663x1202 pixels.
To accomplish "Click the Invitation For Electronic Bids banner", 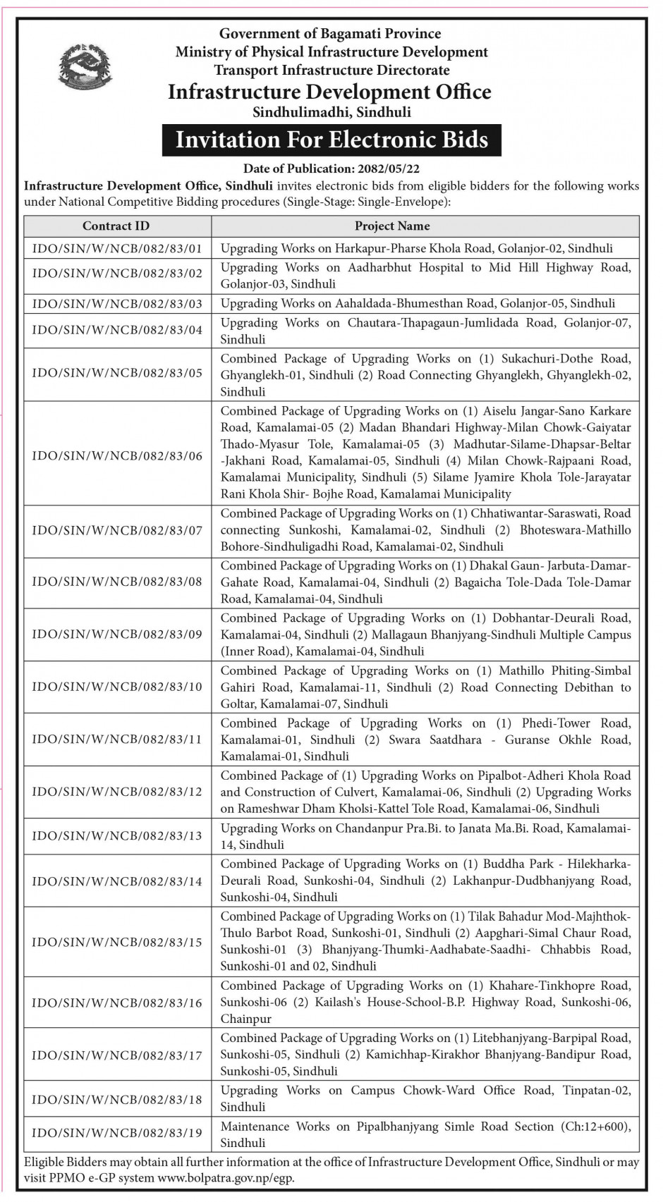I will point(331,140).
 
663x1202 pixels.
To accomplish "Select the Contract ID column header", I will point(116,226).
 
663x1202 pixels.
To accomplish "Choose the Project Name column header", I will point(392,226).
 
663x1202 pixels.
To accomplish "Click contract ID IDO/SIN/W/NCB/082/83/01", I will point(117,248).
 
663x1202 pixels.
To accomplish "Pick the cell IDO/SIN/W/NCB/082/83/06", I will point(117,455).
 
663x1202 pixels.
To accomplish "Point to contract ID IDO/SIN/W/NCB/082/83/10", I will point(117,687).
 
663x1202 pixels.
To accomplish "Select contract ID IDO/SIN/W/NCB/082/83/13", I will point(117,836).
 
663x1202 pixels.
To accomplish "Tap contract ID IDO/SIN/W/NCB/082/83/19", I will point(117,1133).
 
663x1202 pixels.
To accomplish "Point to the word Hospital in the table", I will point(442,268).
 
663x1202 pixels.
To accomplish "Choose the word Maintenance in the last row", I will point(255,1127).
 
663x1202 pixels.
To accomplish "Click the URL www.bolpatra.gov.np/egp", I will point(226,1178).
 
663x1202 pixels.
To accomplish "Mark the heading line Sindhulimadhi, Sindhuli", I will point(331,112).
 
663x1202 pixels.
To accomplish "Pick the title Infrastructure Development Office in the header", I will point(329,92).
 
